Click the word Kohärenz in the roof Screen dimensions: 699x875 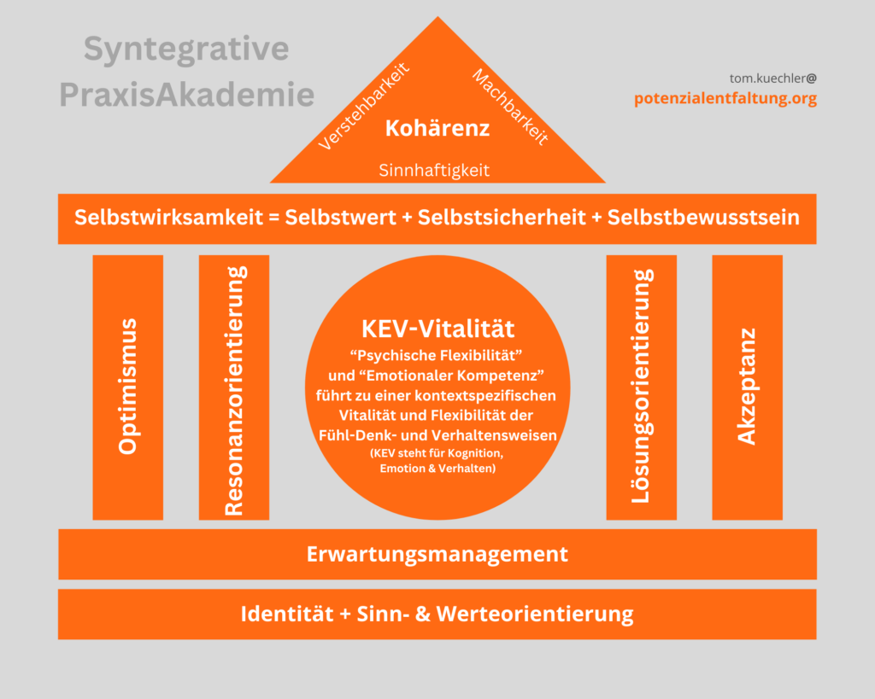437,129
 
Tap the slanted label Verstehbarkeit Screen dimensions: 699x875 364,106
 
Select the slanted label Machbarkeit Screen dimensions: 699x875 509,107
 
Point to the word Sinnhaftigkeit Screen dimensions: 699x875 434,171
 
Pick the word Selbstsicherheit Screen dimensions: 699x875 496,218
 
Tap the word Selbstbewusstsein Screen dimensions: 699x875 703,218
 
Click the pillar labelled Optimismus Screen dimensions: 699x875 127,387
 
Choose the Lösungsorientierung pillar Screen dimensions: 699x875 641,386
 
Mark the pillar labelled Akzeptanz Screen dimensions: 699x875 747,387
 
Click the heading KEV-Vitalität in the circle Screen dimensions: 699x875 437,329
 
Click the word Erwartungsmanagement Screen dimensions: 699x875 437,554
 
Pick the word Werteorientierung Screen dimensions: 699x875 535,614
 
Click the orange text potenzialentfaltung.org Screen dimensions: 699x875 725,98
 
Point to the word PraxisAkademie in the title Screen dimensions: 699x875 186,94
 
